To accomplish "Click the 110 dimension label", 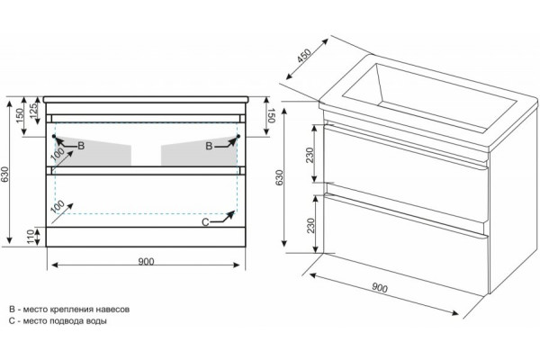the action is coord(31,237).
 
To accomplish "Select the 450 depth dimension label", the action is coord(304,56).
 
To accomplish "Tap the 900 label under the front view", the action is coord(146,262).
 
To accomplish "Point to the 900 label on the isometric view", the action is coord(380,288).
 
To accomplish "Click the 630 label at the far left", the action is coord(4,175).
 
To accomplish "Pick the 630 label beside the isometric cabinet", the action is coord(279,177).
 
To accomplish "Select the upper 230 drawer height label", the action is coord(310,156).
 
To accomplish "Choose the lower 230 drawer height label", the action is coord(310,226).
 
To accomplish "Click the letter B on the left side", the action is coord(81,146).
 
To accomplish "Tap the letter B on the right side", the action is coord(209,146).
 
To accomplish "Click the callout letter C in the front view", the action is coord(205,222).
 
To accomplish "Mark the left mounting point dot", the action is coord(54,137).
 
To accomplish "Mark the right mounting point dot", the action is coord(238,137).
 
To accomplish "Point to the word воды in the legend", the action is coord(97,321).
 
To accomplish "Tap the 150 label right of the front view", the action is coord(271,115).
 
